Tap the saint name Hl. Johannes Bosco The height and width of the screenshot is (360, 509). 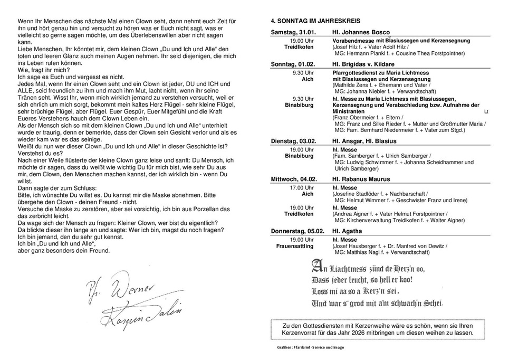(361, 32)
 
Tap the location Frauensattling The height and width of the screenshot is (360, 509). (295, 246)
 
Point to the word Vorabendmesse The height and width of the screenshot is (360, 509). (354, 41)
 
